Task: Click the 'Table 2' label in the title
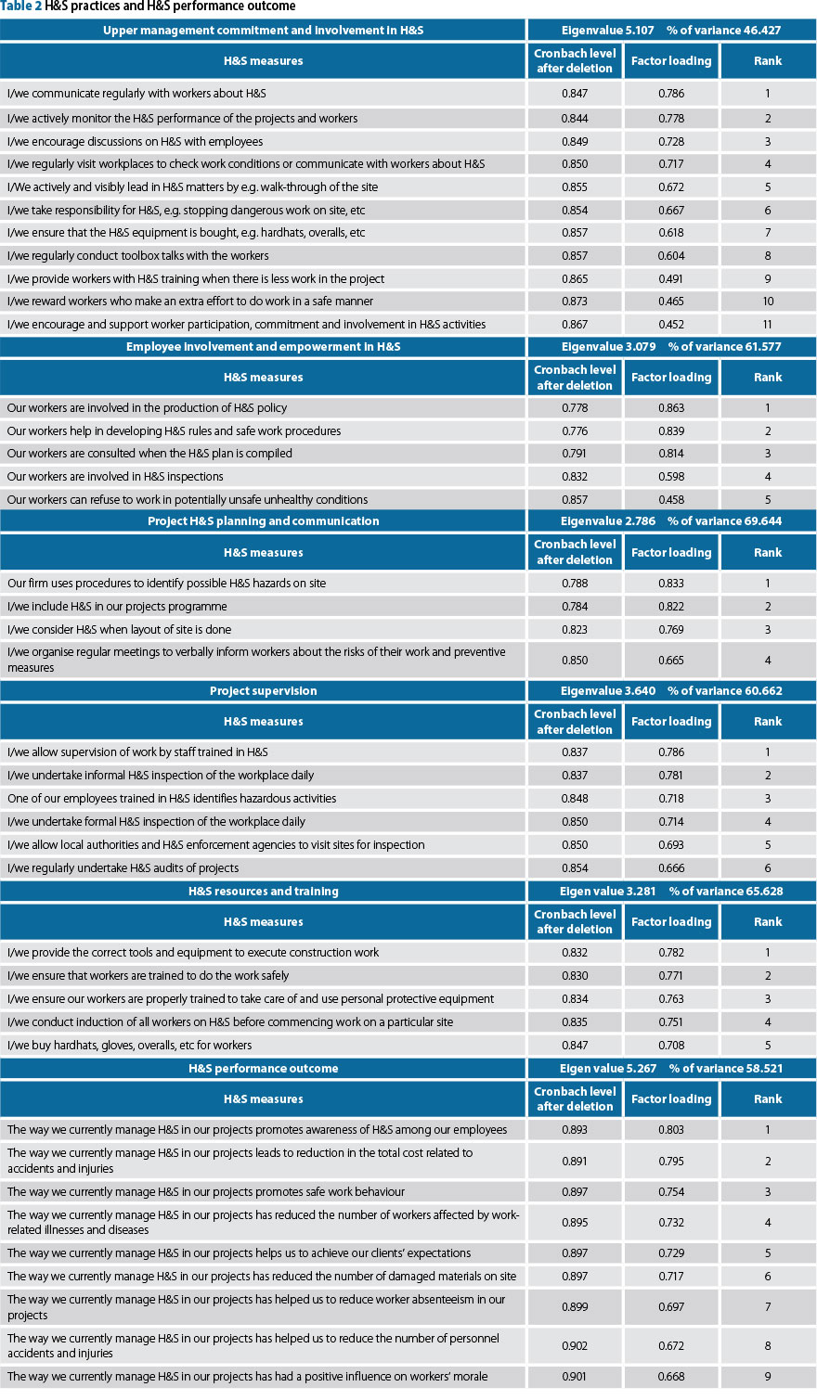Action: pyautogui.click(x=21, y=6)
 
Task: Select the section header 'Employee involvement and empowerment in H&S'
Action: pyautogui.click(x=264, y=347)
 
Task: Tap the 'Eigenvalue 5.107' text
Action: pyautogui.click(x=607, y=31)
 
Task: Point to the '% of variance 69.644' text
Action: pyautogui.click(x=724, y=521)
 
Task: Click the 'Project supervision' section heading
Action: pyautogui.click(x=264, y=691)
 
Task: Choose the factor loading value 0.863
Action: pyautogui.click(x=671, y=408)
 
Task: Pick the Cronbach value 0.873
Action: pyautogui.click(x=575, y=302)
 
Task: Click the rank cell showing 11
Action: pyautogui.click(x=768, y=325)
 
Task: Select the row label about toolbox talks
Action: pyautogui.click(x=138, y=256)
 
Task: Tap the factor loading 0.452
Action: pyautogui.click(x=671, y=325)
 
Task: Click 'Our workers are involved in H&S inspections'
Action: pyautogui.click(x=115, y=477)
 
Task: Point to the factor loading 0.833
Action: pyautogui.click(x=671, y=584)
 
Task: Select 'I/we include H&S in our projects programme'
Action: pyautogui.click(x=117, y=607)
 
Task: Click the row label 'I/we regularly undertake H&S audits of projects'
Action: pyautogui.click(x=123, y=868)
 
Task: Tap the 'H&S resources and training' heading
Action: pyautogui.click(x=264, y=892)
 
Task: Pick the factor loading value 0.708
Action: pyautogui.click(x=671, y=1046)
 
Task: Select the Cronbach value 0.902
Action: pyautogui.click(x=575, y=1346)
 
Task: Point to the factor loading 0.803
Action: pyautogui.click(x=671, y=1130)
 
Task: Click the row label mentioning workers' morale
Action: pyautogui.click(x=247, y=1377)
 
